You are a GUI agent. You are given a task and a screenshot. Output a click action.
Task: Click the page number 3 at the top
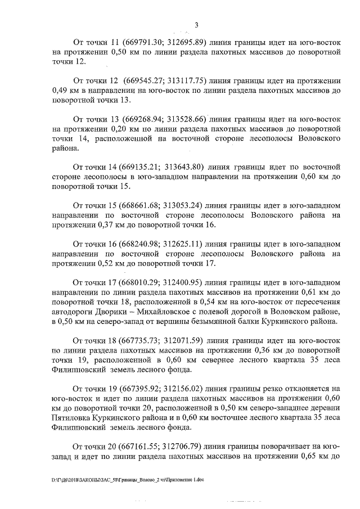(x=196, y=24)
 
